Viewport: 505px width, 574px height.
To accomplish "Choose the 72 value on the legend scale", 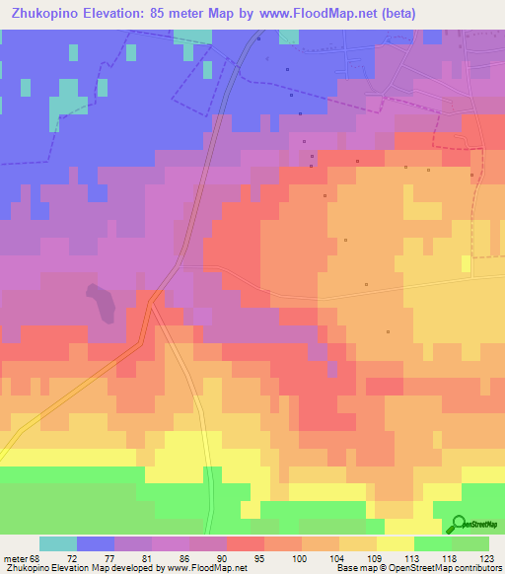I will [71, 557].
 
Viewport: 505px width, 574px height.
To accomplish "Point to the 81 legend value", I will [146, 557].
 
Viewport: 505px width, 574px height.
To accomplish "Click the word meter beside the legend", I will [13, 557].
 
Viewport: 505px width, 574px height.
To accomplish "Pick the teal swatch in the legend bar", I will [58, 543].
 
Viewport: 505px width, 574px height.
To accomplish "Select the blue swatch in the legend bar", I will [96, 543].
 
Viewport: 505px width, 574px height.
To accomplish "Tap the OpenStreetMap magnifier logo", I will [460, 524].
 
